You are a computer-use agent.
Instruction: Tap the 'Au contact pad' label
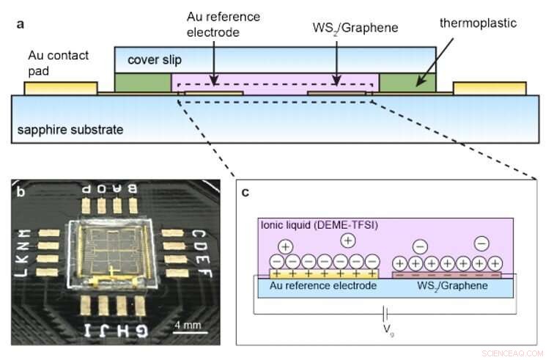[x=59, y=62]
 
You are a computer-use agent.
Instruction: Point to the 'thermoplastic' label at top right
[x=479, y=23]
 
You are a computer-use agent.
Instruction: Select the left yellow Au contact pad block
[x=60, y=88]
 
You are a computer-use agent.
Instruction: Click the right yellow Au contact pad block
[x=489, y=88]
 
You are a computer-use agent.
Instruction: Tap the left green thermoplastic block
[x=143, y=81]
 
